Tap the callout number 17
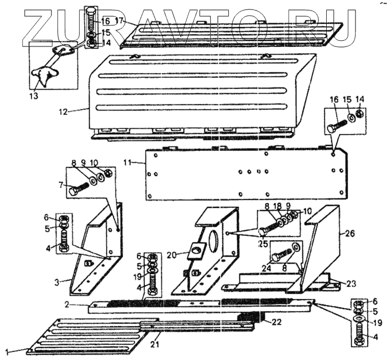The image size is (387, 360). [120, 22]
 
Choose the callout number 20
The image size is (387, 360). [172, 254]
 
